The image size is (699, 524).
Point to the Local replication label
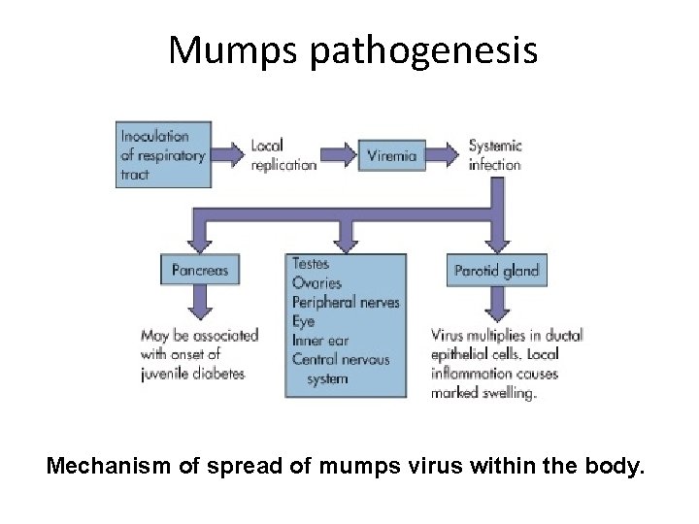[283, 155]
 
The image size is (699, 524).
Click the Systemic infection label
[495, 155]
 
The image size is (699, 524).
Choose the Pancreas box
[200, 271]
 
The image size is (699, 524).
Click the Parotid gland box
[496, 271]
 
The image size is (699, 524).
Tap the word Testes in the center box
[311, 263]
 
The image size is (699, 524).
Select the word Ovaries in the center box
[316, 282]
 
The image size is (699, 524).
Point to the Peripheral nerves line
[346, 302]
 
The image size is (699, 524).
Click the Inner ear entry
[319, 341]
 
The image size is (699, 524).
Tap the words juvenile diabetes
[193, 374]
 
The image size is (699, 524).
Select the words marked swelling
[483, 393]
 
